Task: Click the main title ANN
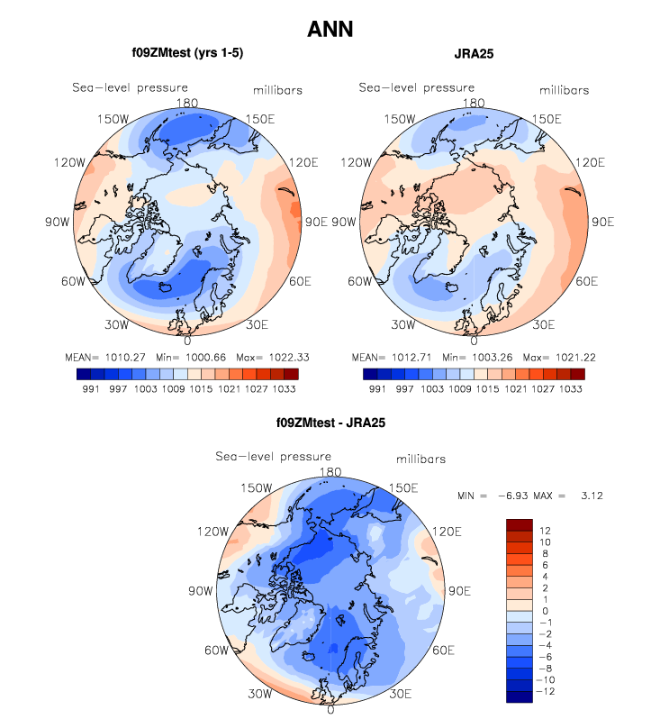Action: [330, 30]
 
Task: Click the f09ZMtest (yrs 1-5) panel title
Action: [187, 53]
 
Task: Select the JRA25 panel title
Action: [474, 54]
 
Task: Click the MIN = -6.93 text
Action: [493, 496]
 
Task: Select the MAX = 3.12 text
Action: [565, 496]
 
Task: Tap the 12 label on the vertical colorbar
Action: [545, 532]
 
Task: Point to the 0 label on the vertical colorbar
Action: [544, 611]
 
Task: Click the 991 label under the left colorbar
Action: [88, 387]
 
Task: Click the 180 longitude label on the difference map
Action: [330, 472]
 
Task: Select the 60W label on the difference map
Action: [215, 651]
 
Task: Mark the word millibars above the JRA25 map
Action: [565, 90]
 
